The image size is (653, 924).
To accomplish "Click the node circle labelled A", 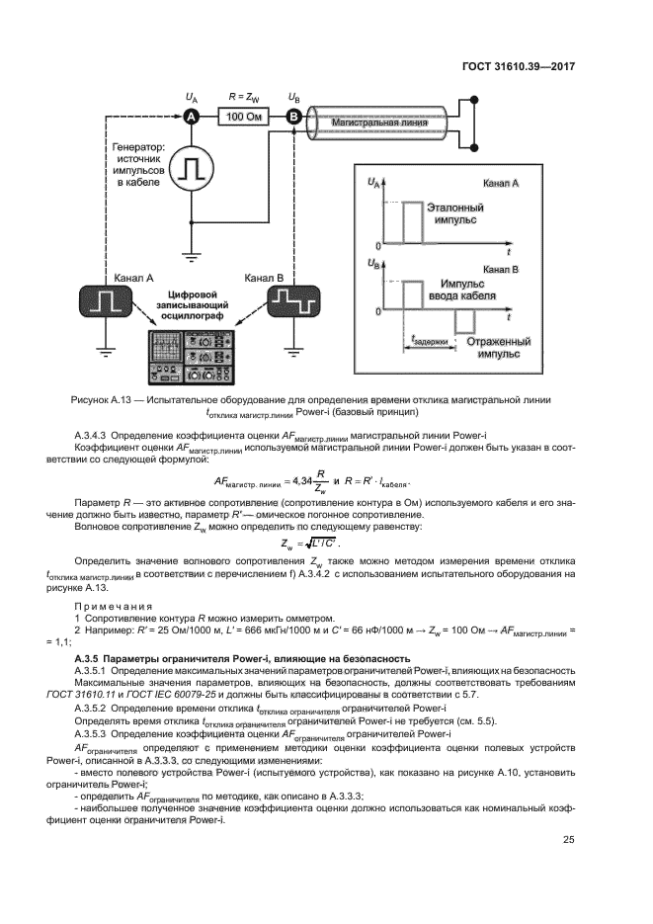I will point(192,117).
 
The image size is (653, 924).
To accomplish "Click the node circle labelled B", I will point(293,117).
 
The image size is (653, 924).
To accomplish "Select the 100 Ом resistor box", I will point(242,117).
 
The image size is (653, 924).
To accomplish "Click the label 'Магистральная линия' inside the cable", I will point(379,123).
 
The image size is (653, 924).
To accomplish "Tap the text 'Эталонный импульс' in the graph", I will point(454,215).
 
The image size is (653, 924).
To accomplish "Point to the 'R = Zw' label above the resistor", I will point(242,97).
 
